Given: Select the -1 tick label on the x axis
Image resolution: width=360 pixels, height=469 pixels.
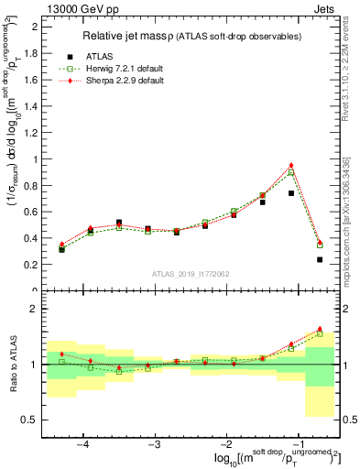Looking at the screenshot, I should click(297, 443).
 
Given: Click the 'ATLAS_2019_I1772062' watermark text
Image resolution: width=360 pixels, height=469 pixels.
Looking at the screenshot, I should click(191, 274).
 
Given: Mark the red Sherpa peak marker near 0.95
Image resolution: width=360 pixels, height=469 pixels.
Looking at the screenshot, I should click(291, 166).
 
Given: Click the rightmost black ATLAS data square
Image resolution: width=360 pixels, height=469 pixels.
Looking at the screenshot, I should click(320, 259).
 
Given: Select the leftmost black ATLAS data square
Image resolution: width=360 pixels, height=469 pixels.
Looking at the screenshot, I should click(62, 249).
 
